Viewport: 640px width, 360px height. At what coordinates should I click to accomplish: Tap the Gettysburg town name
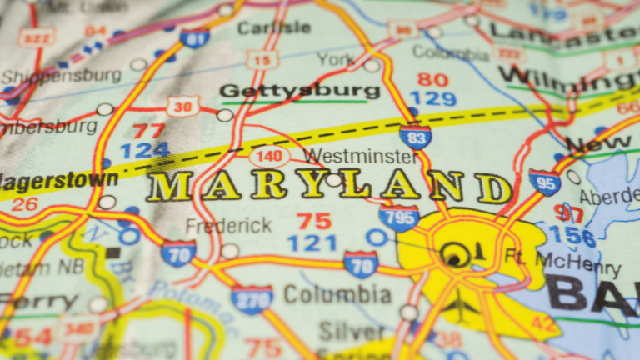point(299,91)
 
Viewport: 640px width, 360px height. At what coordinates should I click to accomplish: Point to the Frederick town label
point(228,226)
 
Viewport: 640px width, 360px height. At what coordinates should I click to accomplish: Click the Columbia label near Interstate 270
point(337,294)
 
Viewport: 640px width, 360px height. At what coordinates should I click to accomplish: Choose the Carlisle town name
point(273,27)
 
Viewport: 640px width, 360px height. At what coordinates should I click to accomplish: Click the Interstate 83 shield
point(415,136)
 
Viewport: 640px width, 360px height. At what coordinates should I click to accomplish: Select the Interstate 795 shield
point(398,218)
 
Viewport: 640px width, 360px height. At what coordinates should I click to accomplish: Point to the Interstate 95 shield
point(545,182)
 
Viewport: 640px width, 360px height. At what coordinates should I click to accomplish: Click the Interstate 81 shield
point(194,37)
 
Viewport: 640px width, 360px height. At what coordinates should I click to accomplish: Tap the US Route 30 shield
point(182,106)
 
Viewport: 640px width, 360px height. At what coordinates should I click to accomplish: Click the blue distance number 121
point(312,243)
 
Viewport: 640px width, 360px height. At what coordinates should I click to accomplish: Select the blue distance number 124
point(145,151)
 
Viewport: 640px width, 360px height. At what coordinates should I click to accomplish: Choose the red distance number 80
point(432,80)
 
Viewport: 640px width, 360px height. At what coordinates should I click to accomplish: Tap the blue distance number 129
point(432,99)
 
